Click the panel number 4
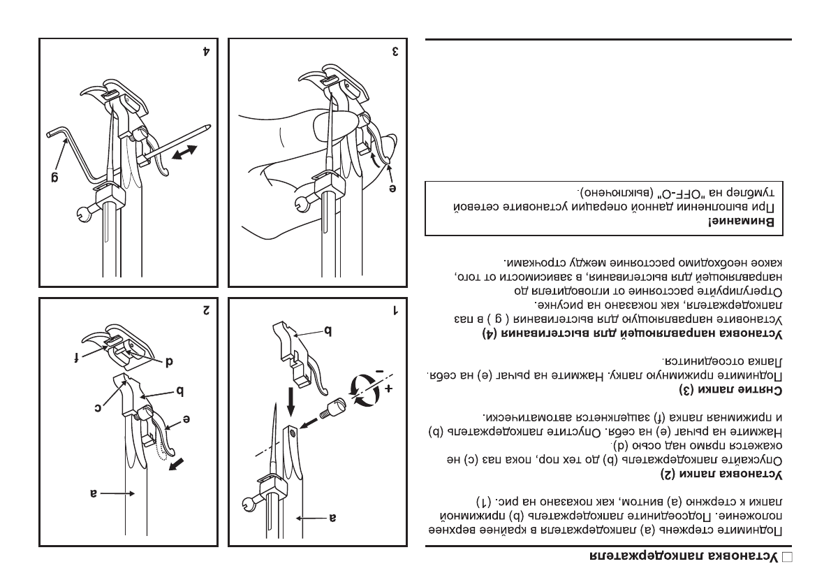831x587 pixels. [206, 52]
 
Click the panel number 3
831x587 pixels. [395, 52]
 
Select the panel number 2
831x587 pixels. [206, 308]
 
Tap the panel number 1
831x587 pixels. [395, 308]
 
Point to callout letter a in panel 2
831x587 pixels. [92, 493]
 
